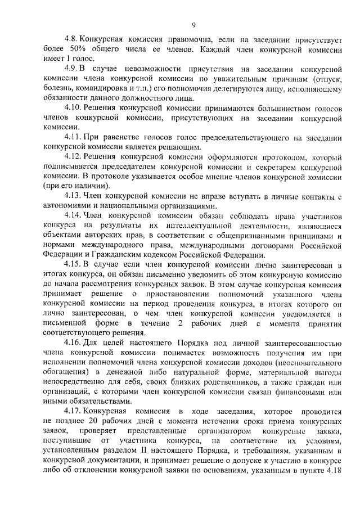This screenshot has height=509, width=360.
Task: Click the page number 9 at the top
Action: click(193, 25)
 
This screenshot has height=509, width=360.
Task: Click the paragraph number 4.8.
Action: click(71, 40)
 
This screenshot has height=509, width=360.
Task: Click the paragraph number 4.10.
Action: click(73, 107)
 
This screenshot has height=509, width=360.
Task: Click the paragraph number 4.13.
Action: click(73, 196)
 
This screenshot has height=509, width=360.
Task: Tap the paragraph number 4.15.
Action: click(73, 264)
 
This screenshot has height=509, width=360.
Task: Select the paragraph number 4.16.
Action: click(73, 343)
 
